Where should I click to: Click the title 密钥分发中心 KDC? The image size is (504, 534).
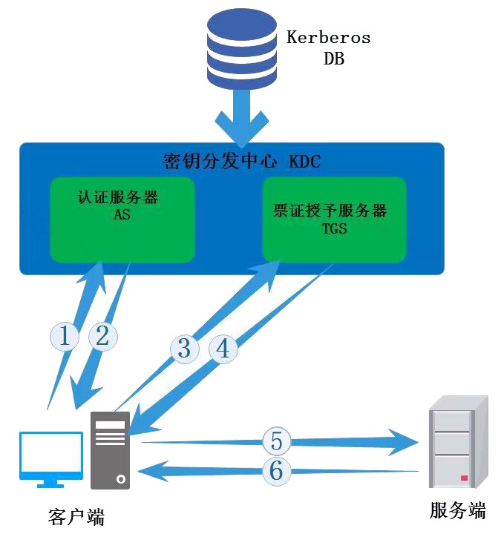coord(241,161)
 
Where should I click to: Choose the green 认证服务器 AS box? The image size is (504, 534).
coord(122,219)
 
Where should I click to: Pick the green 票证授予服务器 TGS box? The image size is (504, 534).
coord(334,220)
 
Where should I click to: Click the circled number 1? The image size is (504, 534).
coord(65,337)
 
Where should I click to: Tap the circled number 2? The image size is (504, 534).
coord(102,337)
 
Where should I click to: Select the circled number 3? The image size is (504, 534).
coord(184,348)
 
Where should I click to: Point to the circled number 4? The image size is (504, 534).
coord(223,348)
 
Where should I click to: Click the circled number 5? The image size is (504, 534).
coord(276,441)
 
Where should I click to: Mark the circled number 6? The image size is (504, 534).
coord(276,470)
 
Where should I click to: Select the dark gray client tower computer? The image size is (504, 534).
coord(110,450)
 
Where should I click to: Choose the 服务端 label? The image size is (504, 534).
coord(457,510)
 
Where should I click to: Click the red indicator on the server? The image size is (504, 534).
coord(464,478)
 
